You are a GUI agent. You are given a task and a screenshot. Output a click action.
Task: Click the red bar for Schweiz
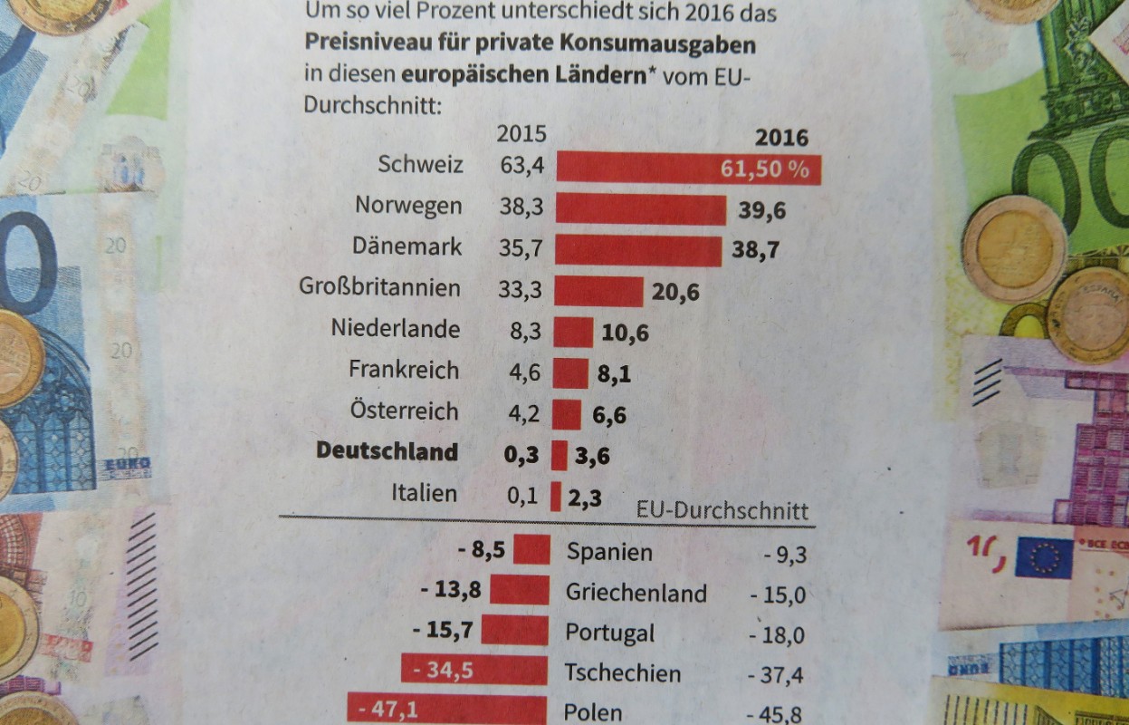coord(634,169)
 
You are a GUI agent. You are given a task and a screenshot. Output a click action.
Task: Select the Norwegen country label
coord(408,206)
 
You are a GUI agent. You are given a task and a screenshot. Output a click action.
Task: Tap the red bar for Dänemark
coord(638,250)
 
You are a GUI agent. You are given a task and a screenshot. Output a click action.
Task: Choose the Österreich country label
coord(404,411)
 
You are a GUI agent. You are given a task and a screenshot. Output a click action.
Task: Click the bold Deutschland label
coord(387,451)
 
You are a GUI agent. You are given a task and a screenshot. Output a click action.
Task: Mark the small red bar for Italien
coord(556,497)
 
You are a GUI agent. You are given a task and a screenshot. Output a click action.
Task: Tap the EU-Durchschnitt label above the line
coord(722,510)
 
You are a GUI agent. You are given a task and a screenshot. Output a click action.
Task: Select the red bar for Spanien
coord(531,549)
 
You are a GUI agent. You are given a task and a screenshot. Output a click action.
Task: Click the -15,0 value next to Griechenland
coord(778,594)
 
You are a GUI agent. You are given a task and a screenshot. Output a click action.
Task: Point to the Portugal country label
coord(609,633)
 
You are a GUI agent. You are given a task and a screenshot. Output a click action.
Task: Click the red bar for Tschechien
coord(474,671)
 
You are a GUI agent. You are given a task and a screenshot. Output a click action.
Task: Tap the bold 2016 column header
coord(780,138)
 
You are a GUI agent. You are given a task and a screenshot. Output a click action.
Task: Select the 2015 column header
coord(521,134)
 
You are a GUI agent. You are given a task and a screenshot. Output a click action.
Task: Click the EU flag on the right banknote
coord(1043,556)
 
